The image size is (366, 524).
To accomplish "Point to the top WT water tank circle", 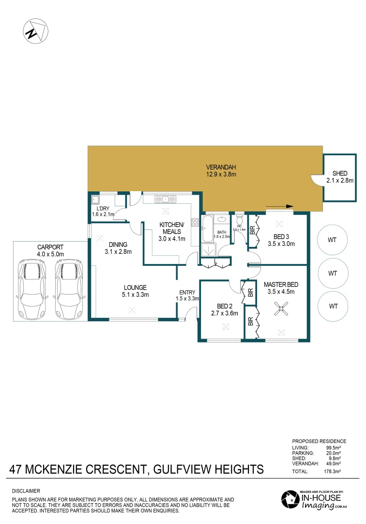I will pyautogui.click(x=332, y=240).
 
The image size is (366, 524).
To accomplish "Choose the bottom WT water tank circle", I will pyautogui.click(x=332, y=306).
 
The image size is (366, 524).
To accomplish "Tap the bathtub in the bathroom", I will pyautogui.click(x=207, y=229).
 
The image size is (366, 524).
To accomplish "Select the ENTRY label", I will pyautogui.click(x=187, y=292).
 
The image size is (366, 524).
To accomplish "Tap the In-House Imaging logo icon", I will pyautogui.click(x=290, y=500).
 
